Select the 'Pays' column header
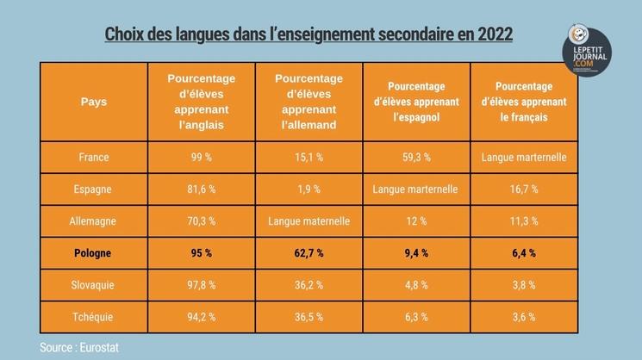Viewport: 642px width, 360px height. pos(94,102)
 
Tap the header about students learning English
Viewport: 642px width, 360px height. pos(202,102)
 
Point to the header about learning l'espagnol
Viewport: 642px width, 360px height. pos(416,102)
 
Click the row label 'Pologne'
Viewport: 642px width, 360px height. pos(93,253)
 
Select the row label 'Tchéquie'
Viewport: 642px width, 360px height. pos(93,316)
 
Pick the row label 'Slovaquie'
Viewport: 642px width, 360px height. pos(93,285)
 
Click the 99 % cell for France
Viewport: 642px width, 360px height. pos(202,158)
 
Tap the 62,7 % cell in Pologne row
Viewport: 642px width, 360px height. pos(309,253)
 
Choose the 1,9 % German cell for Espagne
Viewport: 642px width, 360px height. pos(309,189)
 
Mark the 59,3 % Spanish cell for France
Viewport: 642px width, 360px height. pos(416,158)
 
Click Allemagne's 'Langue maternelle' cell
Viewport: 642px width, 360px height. pos(309,221)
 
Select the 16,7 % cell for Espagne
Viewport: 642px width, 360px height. pos(523,189)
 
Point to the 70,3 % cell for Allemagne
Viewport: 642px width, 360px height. pos(202,221)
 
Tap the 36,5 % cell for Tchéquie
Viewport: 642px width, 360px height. pos(309,316)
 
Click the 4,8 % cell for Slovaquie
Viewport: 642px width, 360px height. pos(416,285)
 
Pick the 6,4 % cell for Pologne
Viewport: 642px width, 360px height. pos(523,253)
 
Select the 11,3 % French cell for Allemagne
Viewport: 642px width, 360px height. pos(523,221)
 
